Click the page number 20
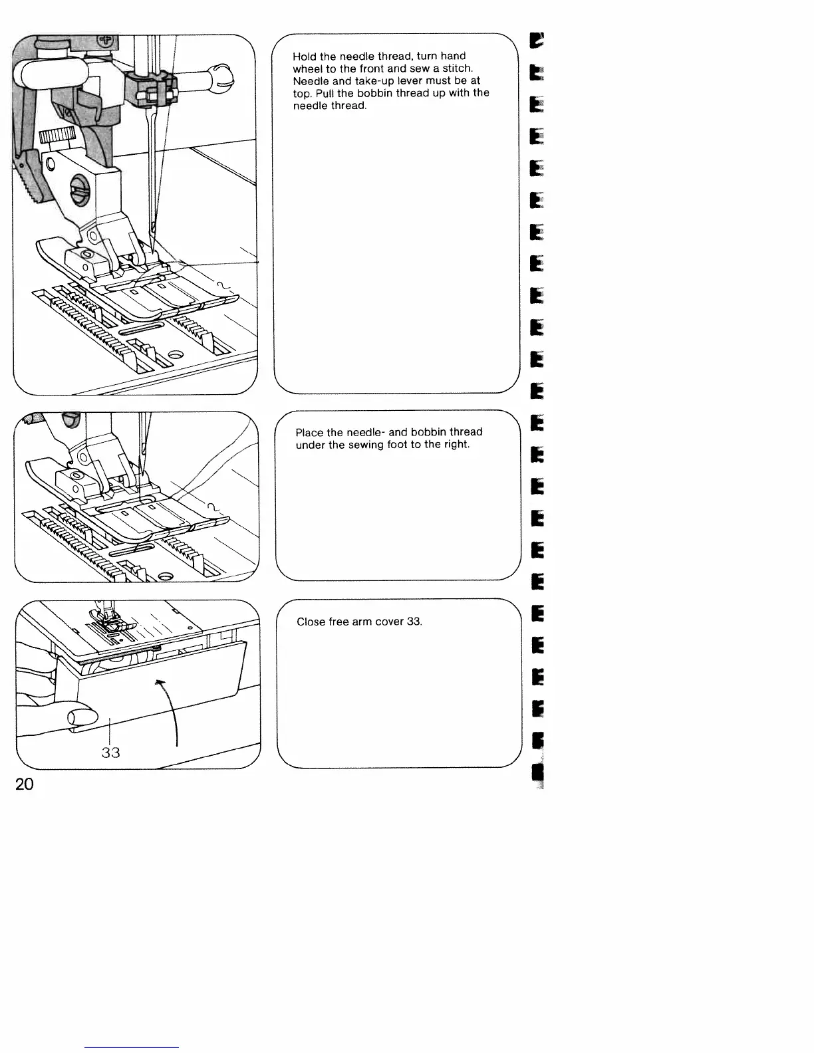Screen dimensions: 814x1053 click(x=24, y=784)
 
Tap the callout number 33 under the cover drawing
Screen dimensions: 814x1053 click(x=110, y=752)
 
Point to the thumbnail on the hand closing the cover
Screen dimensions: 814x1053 click(x=81, y=717)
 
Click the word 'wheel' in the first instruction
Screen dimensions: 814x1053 click(x=307, y=68)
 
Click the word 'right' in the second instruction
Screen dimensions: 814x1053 click(x=456, y=444)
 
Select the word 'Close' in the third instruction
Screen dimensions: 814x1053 click(x=311, y=622)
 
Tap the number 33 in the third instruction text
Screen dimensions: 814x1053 click(x=414, y=622)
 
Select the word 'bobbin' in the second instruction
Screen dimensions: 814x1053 click(x=430, y=432)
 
